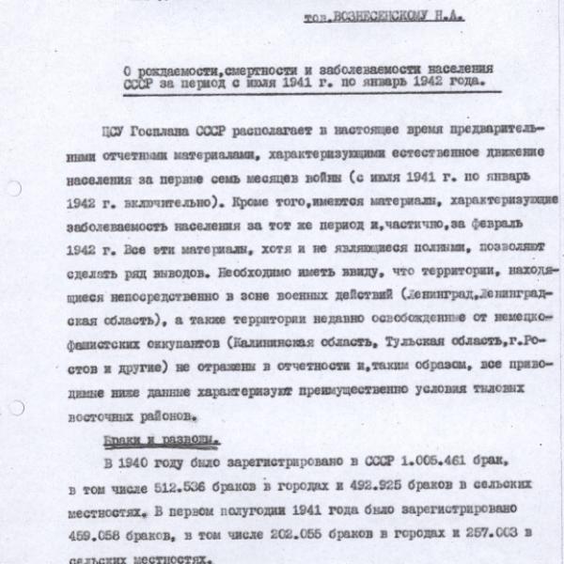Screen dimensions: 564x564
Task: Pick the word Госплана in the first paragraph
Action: (x=164, y=129)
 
